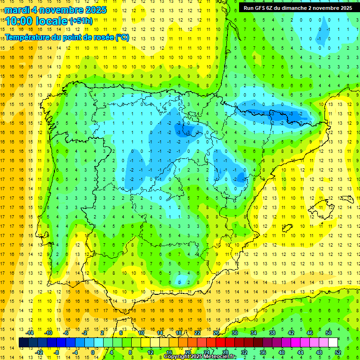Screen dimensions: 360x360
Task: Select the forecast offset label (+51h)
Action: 82,21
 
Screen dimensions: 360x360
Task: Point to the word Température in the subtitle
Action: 28,37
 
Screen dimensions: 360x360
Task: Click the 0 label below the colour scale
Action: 93,352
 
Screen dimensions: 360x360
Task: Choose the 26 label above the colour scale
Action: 216,332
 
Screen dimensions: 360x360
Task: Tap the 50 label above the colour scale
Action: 328,332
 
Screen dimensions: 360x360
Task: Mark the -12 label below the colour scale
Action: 39,352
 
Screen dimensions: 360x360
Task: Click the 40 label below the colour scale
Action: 282,352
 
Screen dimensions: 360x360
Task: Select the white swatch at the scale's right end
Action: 333,342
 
